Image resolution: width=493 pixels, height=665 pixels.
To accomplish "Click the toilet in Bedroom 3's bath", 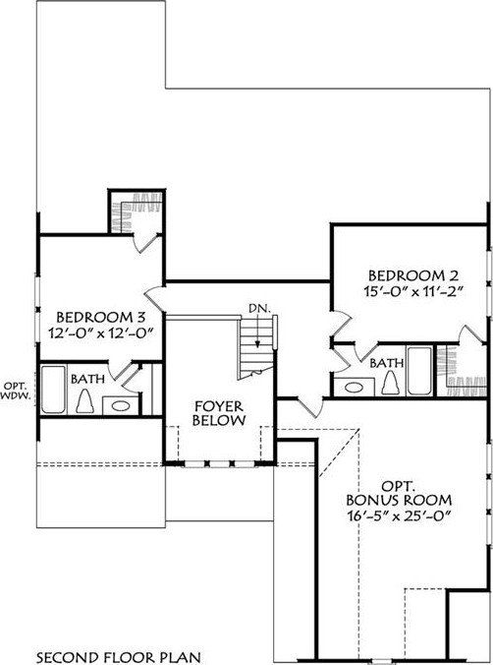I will click(85, 428).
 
